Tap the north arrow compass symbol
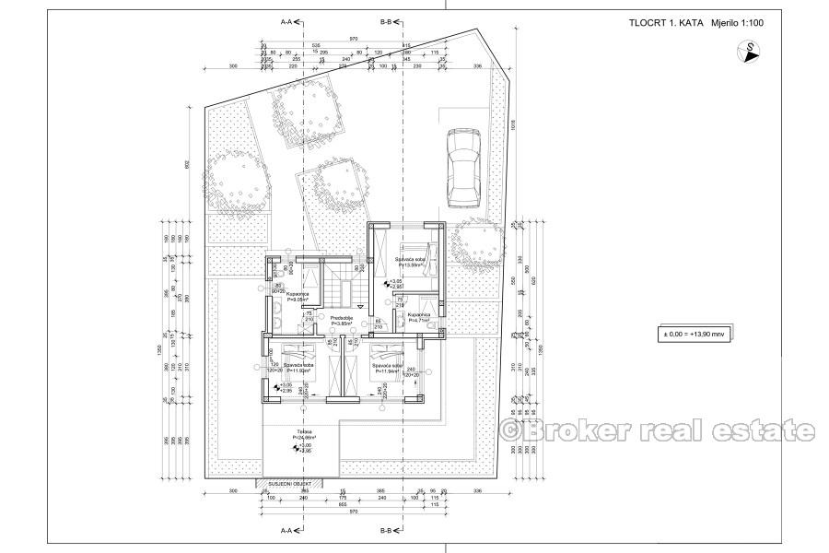pos(752,52)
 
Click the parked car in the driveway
pos(461,168)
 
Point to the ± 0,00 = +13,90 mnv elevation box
pos(688,335)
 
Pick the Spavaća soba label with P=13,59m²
pos(410,263)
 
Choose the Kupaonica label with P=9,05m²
pos(298,297)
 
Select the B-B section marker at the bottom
pos(391,532)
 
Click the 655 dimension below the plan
pos(341,507)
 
